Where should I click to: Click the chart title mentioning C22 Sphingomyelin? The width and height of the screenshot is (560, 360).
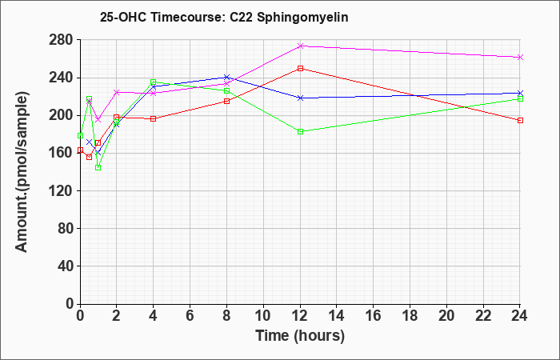coord(224,17)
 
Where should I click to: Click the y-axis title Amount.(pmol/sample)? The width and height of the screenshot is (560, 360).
coord(22,172)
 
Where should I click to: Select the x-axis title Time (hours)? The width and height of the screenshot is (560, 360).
coord(300,336)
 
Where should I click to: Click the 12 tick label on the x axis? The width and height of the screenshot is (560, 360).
coord(300,316)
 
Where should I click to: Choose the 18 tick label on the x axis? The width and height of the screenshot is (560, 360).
coord(410,316)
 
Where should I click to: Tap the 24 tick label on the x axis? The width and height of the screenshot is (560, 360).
coord(520,316)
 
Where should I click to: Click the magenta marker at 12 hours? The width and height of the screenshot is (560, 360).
coord(300,46)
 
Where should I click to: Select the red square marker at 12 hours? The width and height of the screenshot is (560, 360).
coord(300,68)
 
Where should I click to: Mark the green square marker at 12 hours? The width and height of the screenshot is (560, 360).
coord(300,132)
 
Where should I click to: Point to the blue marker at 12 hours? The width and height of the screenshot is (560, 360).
coord(300,98)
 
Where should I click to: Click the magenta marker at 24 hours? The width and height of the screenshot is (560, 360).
coord(520,58)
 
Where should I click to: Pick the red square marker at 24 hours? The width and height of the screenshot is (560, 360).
coord(520,120)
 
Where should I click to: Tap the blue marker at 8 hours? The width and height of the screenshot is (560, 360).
coord(226,77)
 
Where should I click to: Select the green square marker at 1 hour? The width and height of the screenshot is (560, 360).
coord(98,167)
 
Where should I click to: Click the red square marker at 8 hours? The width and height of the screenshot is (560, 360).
coord(226,101)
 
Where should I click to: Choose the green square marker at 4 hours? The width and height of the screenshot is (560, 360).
coord(154,82)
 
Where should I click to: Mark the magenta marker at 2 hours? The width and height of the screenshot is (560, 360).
coord(117,92)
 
